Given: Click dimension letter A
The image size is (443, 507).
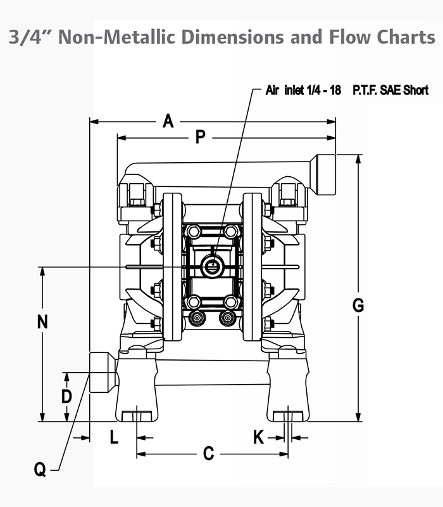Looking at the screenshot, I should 168,121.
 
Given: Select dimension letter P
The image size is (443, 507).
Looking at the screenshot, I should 201,137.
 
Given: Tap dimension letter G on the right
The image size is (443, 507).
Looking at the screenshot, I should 358,305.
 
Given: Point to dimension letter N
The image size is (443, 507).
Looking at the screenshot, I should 42,322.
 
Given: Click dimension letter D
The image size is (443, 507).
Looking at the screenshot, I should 66,397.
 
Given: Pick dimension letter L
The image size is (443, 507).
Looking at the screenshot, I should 114,437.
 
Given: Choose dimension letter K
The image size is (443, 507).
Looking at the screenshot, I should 259,437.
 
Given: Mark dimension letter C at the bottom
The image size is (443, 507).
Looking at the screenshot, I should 208,454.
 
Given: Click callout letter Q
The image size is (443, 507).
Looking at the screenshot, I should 40,470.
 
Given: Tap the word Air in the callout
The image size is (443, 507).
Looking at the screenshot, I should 273,91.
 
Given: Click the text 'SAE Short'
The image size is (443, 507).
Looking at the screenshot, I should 404,91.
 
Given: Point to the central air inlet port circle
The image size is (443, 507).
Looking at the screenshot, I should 212,266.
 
